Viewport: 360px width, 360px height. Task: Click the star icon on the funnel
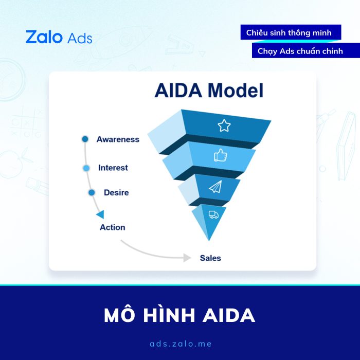pos(224,125)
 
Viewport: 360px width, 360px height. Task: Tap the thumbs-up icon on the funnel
pos(221,155)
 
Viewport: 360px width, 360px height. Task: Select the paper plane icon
pos(215,187)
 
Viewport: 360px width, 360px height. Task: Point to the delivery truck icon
pos(213,214)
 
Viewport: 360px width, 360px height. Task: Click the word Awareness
pos(118,139)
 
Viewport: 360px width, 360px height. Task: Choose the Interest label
pos(113,168)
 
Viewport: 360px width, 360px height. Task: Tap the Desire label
pos(116,192)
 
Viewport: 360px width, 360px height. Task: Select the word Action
pos(113,227)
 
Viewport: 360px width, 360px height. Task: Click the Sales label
pos(210,258)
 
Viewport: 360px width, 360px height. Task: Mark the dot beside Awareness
pos(85,139)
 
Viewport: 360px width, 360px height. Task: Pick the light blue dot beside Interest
pos(86,168)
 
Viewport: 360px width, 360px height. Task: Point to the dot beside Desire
pos(92,193)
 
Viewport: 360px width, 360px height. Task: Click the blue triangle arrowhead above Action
pos(101,214)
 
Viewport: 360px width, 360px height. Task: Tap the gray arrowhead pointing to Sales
pos(187,258)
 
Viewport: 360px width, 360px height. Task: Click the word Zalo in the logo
pos(44,37)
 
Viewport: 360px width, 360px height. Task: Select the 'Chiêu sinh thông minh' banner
pos(291,32)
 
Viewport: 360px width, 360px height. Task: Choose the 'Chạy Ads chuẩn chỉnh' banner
pos(306,50)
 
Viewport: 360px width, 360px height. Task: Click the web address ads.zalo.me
pos(181,344)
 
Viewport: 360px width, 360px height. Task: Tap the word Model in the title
pos(235,91)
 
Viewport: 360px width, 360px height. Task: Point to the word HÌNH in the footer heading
pos(169,315)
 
